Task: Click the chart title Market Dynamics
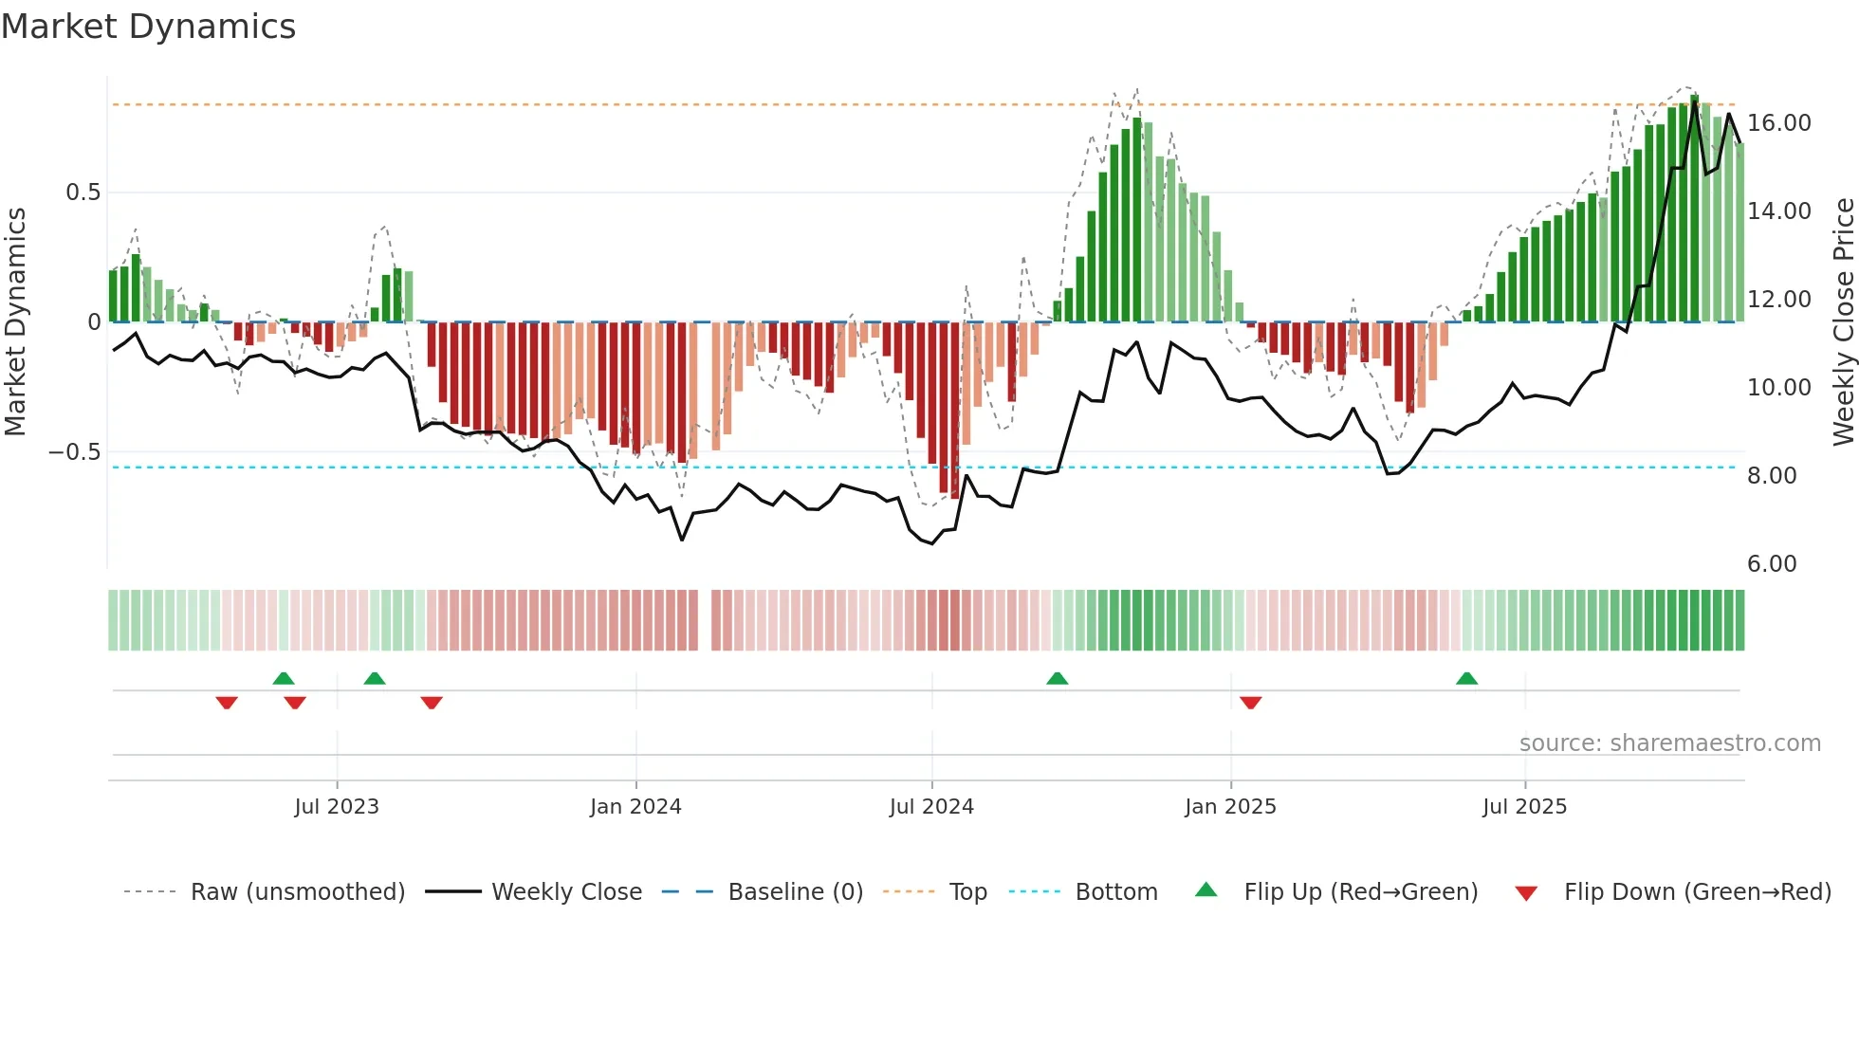point(148,27)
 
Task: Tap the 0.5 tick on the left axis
point(83,192)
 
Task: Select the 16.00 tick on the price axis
point(1778,123)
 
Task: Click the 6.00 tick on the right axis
point(1772,564)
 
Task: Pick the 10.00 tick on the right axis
point(1778,388)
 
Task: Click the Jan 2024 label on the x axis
point(635,807)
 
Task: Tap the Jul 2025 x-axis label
point(1524,807)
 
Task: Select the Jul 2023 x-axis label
point(337,807)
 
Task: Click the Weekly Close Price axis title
point(1843,322)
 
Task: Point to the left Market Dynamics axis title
point(15,322)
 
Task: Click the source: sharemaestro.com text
point(1669,743)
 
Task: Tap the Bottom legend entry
point(1115,892)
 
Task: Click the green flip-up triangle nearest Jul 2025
point(1466,678)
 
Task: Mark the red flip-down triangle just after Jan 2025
point(1250,702)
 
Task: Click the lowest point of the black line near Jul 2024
point(932,543)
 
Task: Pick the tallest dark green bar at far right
point(1694,209)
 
